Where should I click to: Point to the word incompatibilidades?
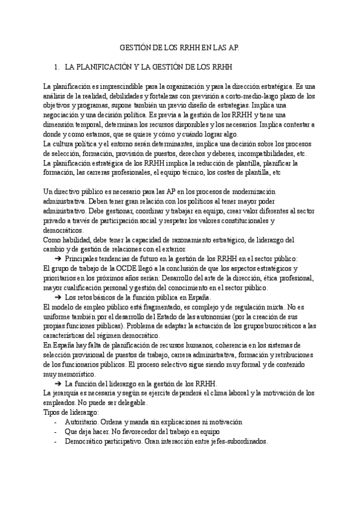[269, 154]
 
